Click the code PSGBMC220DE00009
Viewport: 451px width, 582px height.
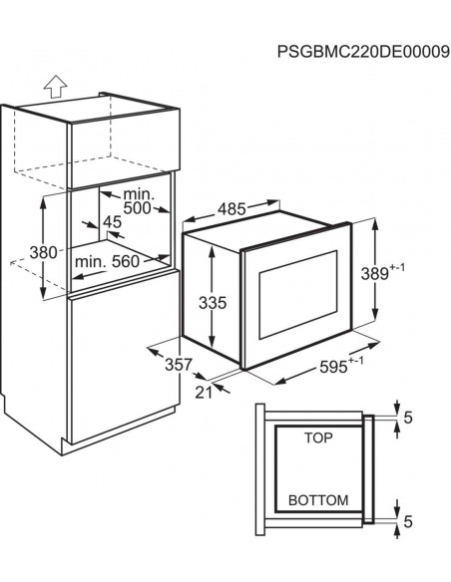click(x=363, y=52)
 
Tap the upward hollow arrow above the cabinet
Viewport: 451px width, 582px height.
click(x=55, y=87)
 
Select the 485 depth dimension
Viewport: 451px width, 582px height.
click(x=231, y=209)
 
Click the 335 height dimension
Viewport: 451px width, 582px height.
click(x=213, y=303)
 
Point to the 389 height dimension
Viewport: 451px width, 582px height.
click(x=374, y=274)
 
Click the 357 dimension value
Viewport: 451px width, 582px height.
click(x=179, y=365)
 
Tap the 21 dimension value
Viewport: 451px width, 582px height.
click(x=204, y=393)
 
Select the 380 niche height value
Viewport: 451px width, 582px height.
click(x=44, y=253)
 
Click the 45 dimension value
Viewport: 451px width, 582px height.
click(x=112, y=222)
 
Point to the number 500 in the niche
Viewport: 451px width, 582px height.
click(x=137, y=208)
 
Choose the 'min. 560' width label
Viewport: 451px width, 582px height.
click(x=107, y=262)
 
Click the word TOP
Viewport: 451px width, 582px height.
click(x=318, y=437)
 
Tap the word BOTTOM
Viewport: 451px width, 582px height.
click(x=318, y=500)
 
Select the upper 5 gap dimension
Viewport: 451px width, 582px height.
click(x=408, y=418)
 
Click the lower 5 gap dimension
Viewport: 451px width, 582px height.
click(x=408, y=522)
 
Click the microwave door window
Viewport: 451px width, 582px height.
click(x=298, y=294)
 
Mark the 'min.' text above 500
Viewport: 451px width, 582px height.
click(x=139, y=194)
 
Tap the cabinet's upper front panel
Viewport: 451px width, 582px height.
click(x=123, y=148)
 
